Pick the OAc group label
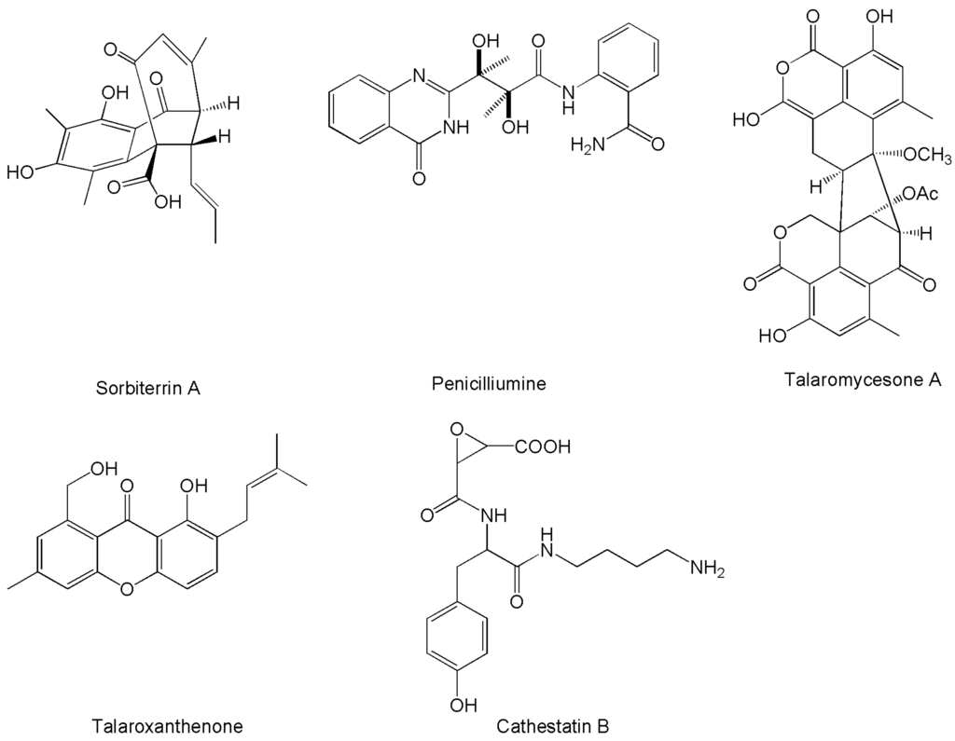920,195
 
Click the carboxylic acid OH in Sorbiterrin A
164,201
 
